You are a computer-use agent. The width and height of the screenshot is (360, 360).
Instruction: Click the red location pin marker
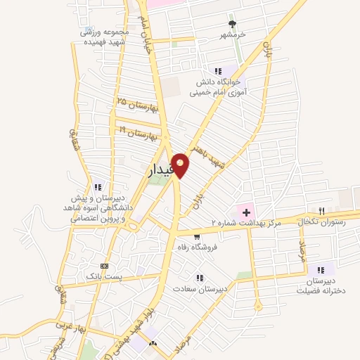tap(180, 165)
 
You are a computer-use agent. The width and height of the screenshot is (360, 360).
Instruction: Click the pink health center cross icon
tap(247, 210)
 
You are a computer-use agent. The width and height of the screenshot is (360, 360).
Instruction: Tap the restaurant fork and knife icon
tap(321, 210)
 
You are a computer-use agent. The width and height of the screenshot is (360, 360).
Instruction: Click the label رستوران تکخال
tap(321, 221)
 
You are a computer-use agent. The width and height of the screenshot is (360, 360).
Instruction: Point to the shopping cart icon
tap(186, 236)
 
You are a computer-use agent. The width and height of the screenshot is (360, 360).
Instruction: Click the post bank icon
tap(105, 266)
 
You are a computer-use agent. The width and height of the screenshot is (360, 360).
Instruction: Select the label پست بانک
tap(105, 277)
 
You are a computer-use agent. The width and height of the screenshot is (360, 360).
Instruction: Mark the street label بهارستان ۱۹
tap(139, 132)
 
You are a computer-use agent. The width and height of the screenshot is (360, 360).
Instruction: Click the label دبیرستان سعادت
tap(200, 289)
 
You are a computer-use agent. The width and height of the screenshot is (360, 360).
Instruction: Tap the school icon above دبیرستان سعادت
tap(200, 278)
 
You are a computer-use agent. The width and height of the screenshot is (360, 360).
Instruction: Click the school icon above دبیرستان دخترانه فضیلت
tap(321, 269)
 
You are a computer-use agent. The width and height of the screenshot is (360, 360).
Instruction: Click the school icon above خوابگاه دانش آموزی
tap(218, 70)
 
